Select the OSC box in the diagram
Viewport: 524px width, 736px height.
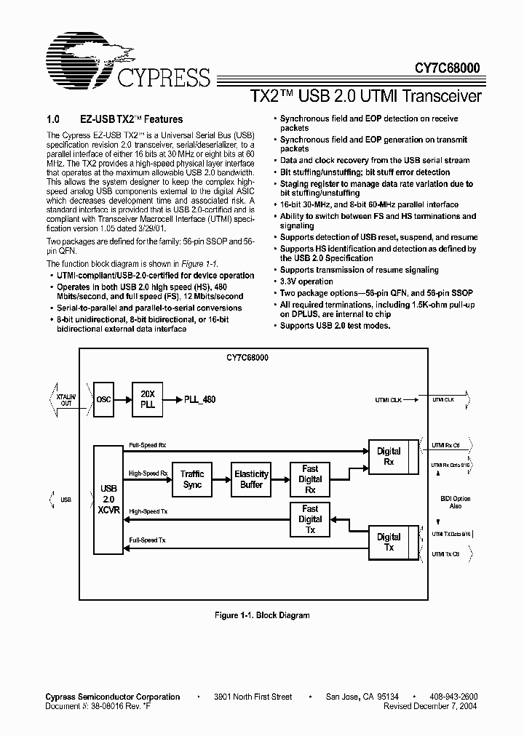(104, 399)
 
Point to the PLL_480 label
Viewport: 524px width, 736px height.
(199, 399)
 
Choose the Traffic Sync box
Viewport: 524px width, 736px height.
(192, 479)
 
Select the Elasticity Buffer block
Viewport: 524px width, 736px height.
(251, 479)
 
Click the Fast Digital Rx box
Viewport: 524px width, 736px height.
(310, 479)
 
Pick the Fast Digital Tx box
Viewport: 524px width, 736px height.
(310, 519)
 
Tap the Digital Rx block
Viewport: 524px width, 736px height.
(389, 456)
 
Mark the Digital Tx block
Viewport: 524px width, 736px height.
(389, 542)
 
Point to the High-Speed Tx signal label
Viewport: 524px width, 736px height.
(148, 512)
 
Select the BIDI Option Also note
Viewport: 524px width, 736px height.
(456, 502)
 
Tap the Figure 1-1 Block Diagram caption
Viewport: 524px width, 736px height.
(261, 615)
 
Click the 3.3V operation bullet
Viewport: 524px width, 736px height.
(306, 281)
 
